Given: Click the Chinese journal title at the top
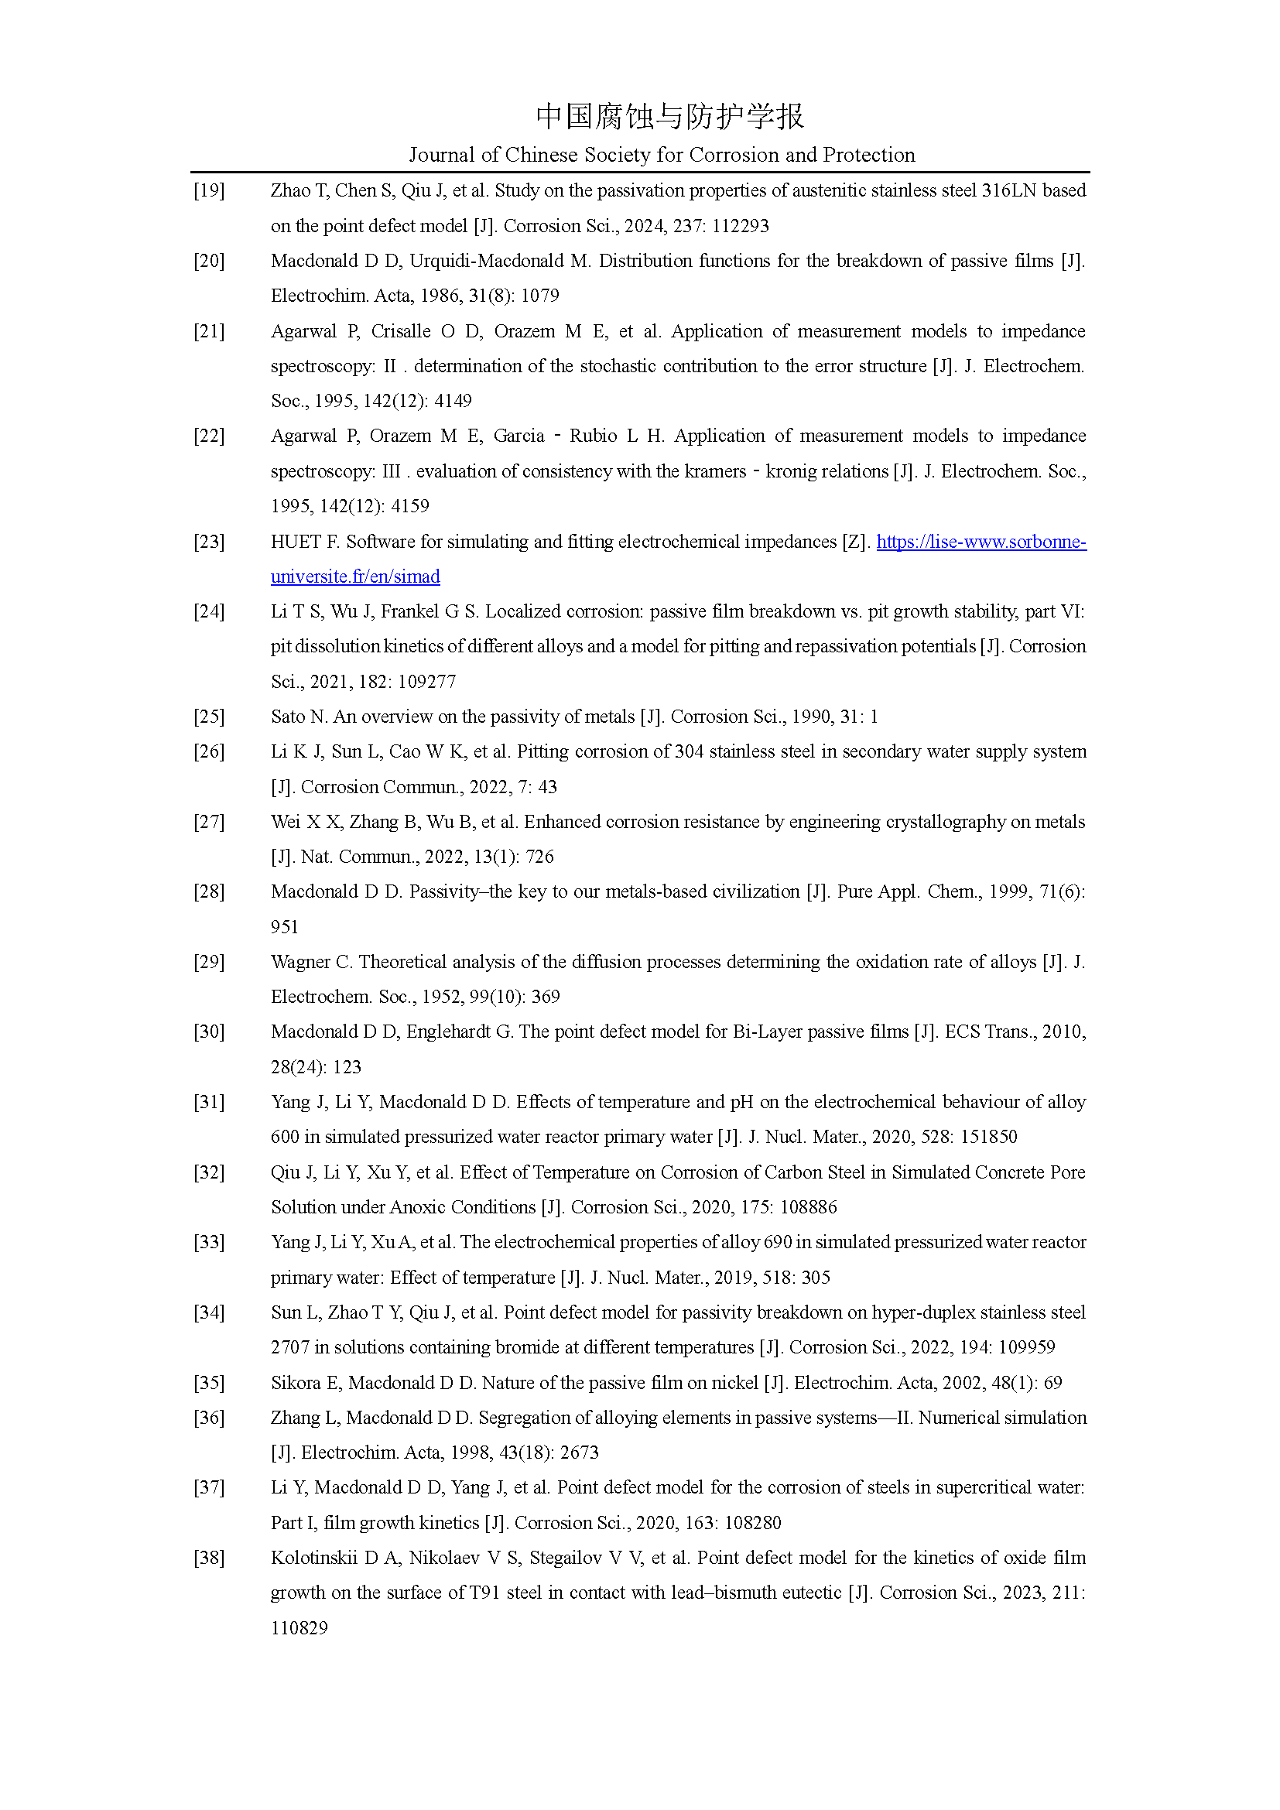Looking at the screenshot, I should coord(669,116).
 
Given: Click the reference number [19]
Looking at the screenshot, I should coord(209,191).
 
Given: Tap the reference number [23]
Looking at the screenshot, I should coord(209,542).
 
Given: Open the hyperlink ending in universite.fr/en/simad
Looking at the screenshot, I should coord(354,577).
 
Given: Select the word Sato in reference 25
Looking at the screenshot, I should coord(288,717).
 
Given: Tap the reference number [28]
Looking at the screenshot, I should coord(209,891).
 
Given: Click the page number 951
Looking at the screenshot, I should coord(285,927).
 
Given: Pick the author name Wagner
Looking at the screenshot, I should coord(300,962).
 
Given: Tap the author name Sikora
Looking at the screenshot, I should coord(296,1383).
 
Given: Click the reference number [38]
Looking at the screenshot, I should coord(209,1558).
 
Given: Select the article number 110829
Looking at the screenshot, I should coord(299,1628).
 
